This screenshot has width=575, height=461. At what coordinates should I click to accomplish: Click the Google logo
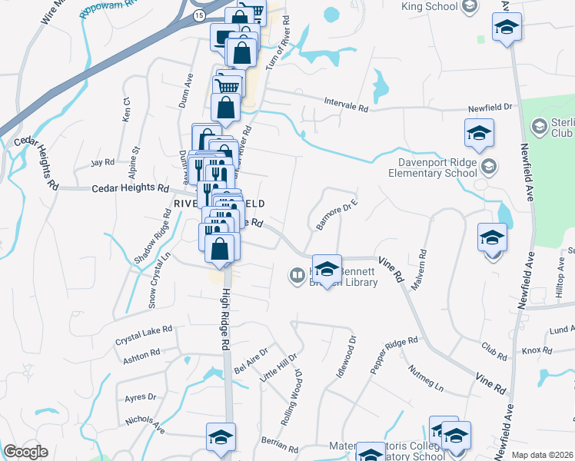(x=25, y=452)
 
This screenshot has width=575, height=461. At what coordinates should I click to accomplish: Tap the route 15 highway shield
(x=199, y=15)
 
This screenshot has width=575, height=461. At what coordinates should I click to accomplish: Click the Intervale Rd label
(x=346, y=108)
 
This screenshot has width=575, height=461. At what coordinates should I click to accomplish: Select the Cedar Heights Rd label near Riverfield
(x=130, y=187)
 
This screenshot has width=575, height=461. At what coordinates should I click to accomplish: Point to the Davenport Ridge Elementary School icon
(x=488, y=166)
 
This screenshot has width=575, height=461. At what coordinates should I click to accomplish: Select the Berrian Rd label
(x=279, y=445)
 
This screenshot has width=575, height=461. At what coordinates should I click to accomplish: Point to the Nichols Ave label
(x=145, y=424)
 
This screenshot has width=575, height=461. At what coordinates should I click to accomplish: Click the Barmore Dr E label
(x=337, y=215)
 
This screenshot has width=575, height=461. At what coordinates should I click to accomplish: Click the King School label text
(x=429, y=7)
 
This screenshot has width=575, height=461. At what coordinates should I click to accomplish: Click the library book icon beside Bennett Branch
(x=297, y=274)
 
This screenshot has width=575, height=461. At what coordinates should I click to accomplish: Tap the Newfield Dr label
(x=487, y=109)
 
